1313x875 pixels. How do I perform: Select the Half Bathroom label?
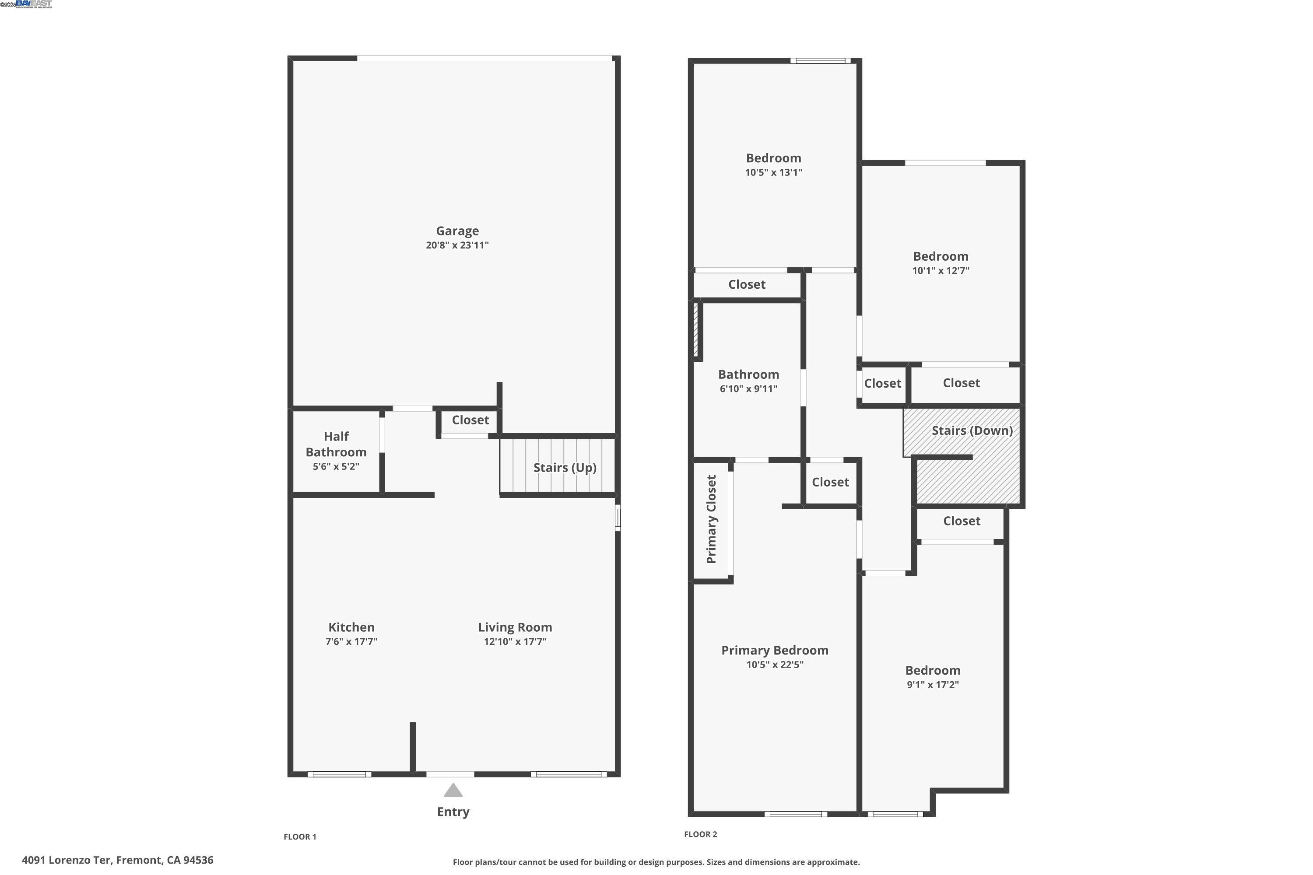click(336, 444)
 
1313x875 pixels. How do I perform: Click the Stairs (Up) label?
click(565, 468)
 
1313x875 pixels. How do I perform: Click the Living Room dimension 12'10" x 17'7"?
click(515, 642)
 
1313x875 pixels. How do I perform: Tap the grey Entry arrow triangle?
click(453, 790)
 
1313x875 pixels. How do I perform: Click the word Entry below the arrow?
click(453, 812)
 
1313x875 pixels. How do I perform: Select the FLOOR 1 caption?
click(300, 836)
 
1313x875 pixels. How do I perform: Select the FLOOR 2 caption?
click(700, 834)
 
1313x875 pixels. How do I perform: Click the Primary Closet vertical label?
click(711, 519)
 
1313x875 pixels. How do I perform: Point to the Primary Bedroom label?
click(774, 650)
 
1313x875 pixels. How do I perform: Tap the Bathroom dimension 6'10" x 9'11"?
click(748, 389)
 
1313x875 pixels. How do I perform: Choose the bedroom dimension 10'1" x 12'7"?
click(940, 271)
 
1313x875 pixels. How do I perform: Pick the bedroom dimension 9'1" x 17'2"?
click(932, 685)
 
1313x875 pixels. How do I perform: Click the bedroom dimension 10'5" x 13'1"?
click(773, 172)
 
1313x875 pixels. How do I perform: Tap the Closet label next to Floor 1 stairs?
click(470, 420)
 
